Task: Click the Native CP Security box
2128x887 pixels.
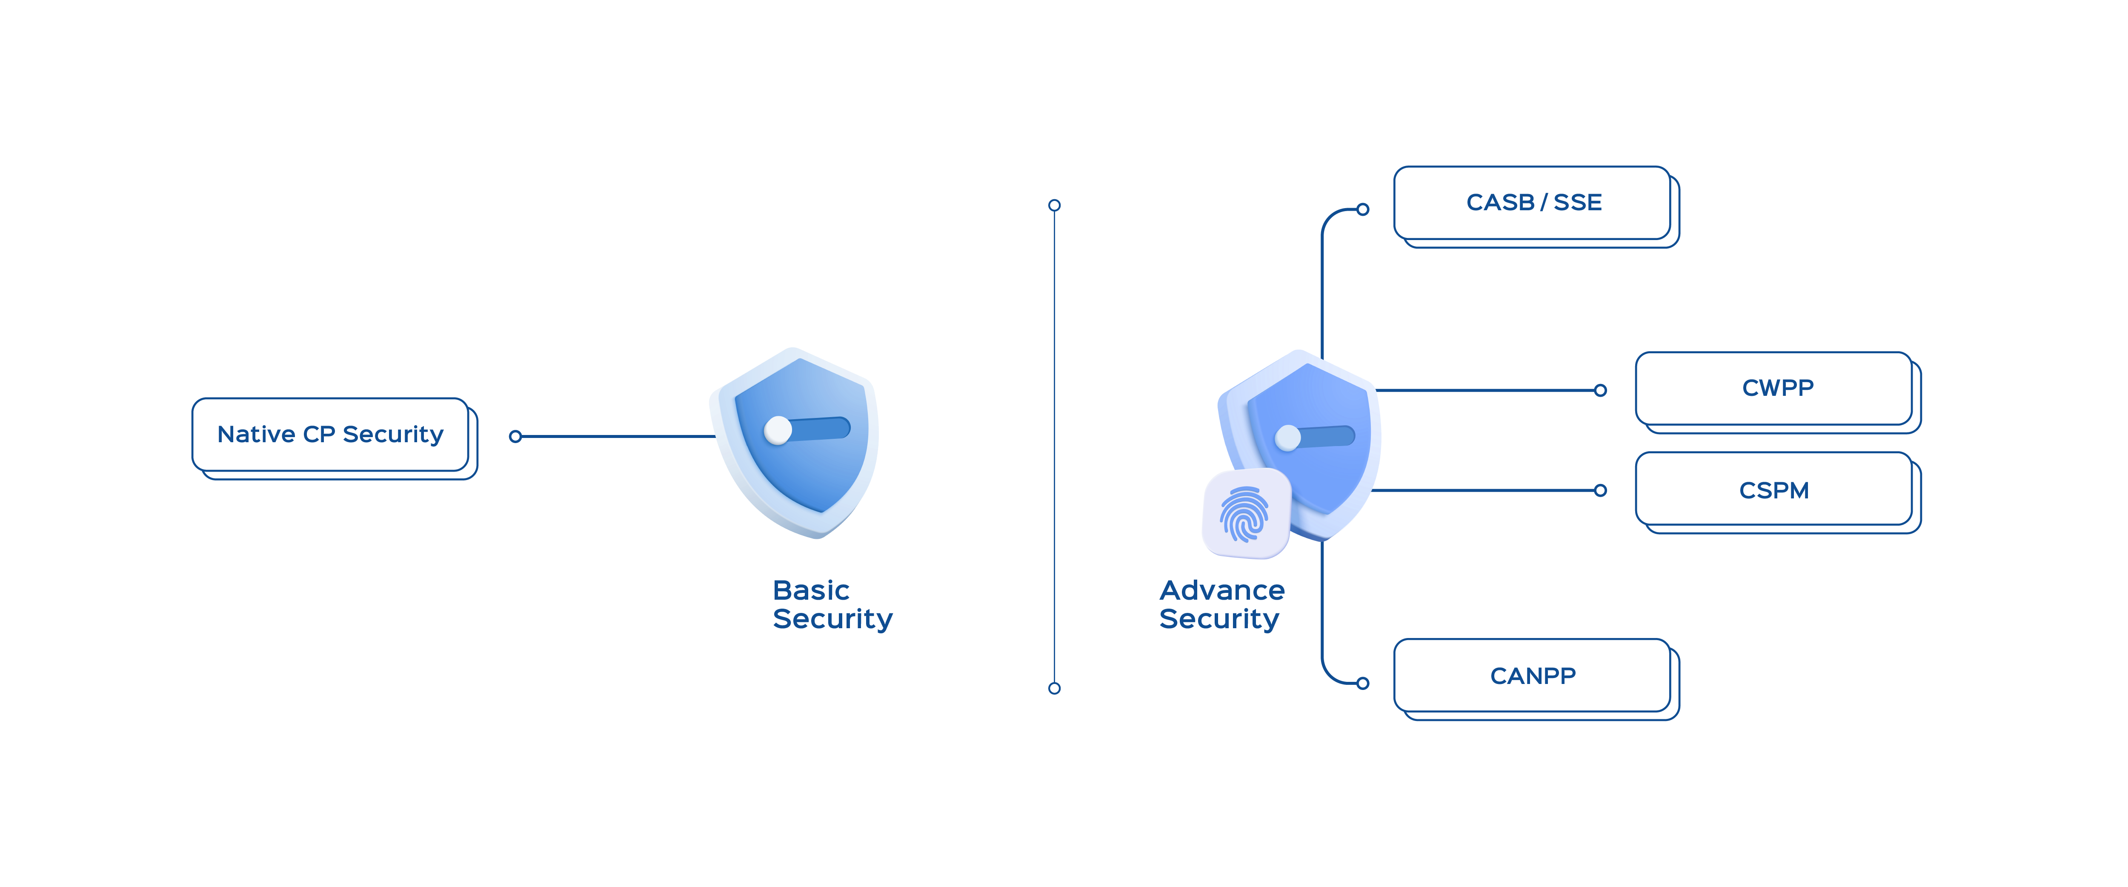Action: [330, 435]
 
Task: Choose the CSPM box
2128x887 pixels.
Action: [1774, 491]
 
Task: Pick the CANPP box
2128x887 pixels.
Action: [1533, 675]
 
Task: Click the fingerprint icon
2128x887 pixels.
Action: [1245, 514]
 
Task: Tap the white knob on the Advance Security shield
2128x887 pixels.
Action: [1288, 438]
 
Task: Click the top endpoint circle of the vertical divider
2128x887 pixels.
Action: [1054, 205]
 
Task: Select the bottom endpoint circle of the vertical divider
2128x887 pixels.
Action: [1054, 688]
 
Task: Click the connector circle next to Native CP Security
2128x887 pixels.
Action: [515, 436]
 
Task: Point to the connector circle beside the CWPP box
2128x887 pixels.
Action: [1600, 391]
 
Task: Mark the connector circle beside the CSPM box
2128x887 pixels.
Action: [1600, 491]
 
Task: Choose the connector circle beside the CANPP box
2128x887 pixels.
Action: [1363, 683]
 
